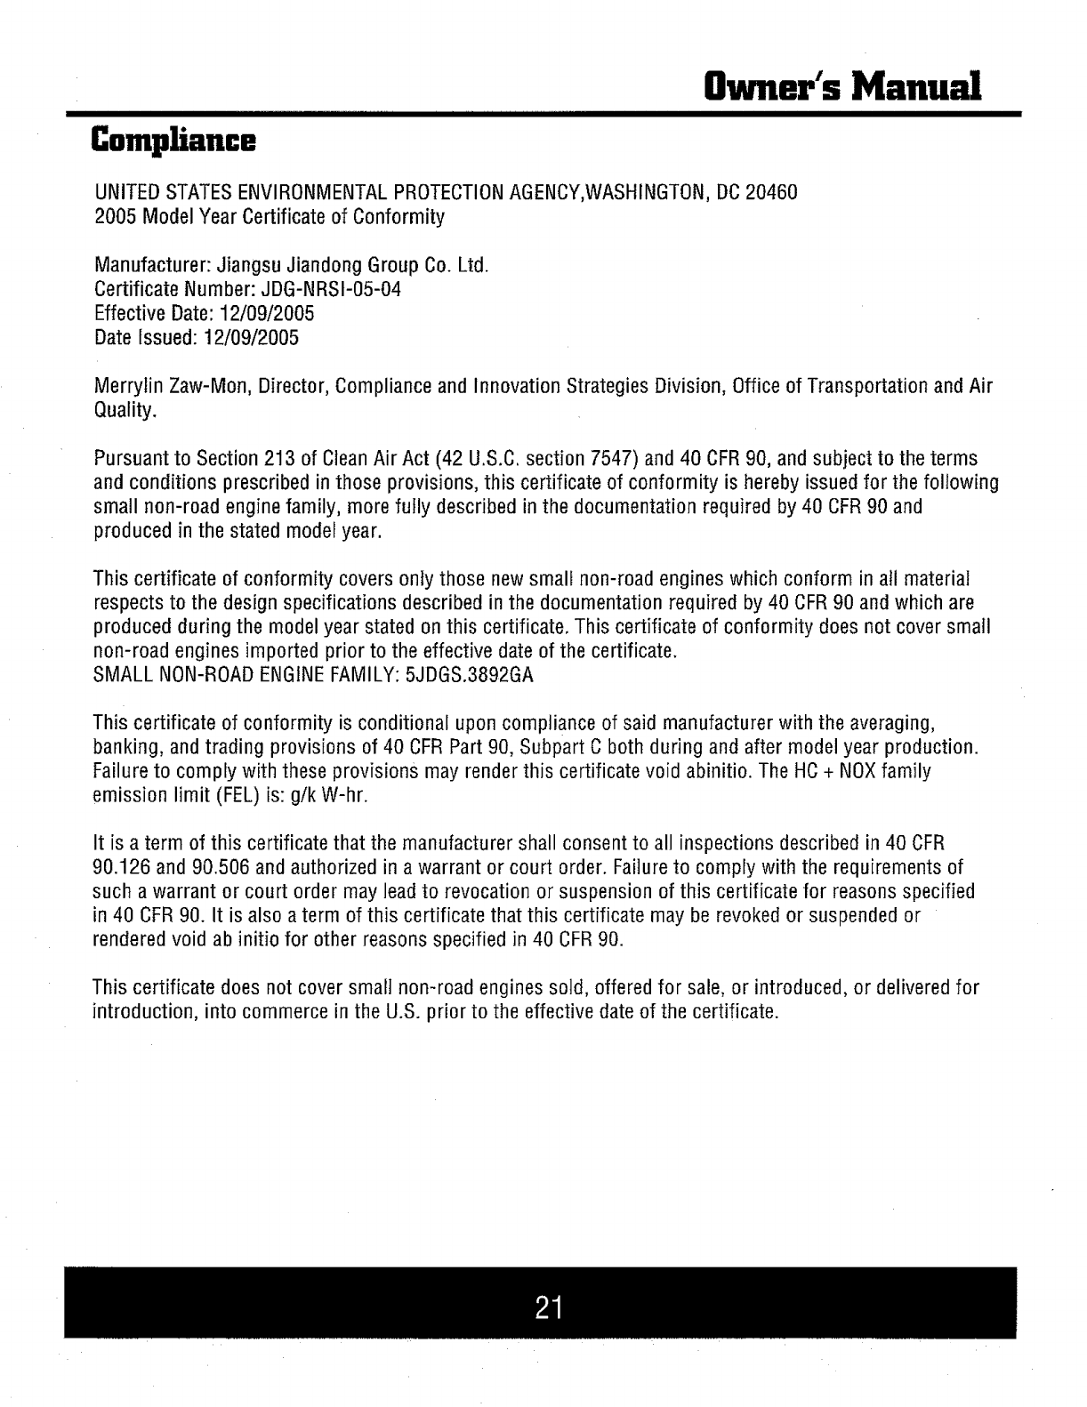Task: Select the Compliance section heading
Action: pos(174,141)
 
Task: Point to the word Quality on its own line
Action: pos(125,411)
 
